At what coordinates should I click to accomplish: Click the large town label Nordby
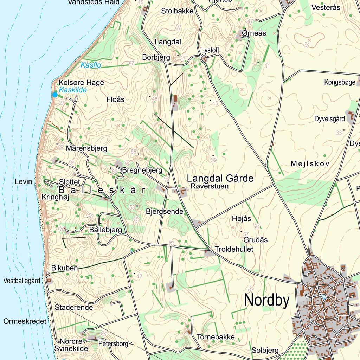pos(267,301)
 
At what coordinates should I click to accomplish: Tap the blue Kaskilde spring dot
pos(55,94)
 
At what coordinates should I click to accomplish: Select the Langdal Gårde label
pos(220,178)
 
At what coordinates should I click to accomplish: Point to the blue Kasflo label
pos(91,65)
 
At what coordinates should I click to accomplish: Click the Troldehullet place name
pos(234,249)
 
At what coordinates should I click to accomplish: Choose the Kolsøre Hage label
pos(81,83)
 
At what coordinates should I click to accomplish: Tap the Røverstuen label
pos(210,186)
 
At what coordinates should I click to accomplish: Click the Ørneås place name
pos(254,33)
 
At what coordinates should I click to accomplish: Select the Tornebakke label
pos(216,337)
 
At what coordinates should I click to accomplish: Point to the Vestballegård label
pos(21,281)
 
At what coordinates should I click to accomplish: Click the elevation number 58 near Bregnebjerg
pos(134,152)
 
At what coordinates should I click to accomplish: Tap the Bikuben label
pos(64,268)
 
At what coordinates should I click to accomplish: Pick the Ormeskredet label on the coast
pos(25,321)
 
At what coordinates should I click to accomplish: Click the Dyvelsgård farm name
pos(329,119)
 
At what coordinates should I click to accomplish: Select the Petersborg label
pos(113,343)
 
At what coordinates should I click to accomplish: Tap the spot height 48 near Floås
pos(154,99)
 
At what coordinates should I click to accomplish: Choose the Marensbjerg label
pos(86,148)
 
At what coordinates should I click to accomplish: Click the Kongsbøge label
pos(340,83)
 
